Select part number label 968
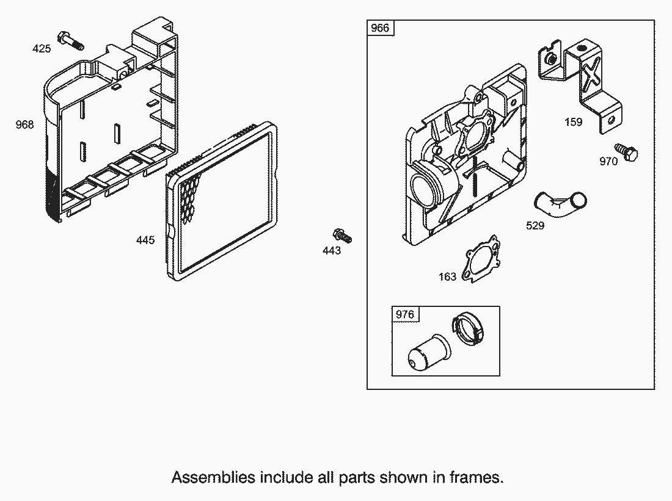click(25, 124)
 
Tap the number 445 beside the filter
click(145, 240)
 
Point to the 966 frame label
click(380, 28)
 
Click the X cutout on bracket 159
click(591, 74)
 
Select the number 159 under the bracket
click(573, 122)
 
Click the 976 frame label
click(404, 314)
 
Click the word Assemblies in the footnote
click(213, 477)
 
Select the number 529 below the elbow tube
click(535, 225)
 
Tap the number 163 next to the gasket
click(447, 276)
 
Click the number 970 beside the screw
click(608, 161)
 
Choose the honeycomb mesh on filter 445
click(189, 195)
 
